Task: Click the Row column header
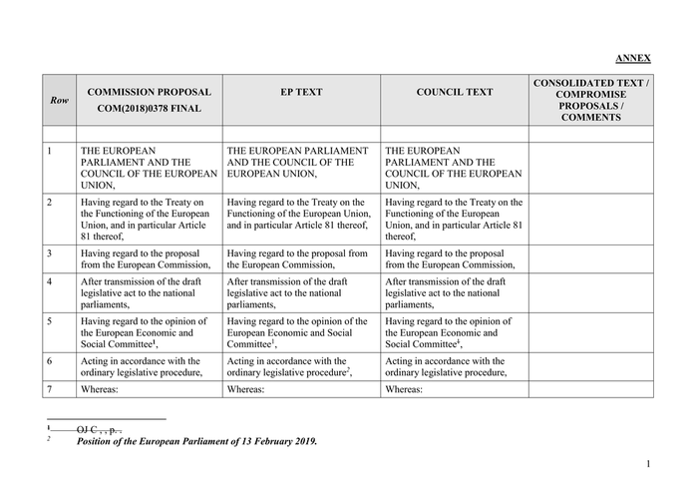point(60,100)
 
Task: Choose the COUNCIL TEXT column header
point(454,92)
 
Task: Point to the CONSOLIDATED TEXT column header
point(590,100)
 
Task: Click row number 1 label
point(50,152)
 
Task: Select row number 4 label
point(50,281)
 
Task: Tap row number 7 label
point(50,389)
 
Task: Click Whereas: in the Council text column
point(404,389)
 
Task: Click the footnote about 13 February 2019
point(196,440)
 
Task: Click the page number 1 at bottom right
point(647,464)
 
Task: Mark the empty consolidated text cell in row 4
point(590,293)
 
